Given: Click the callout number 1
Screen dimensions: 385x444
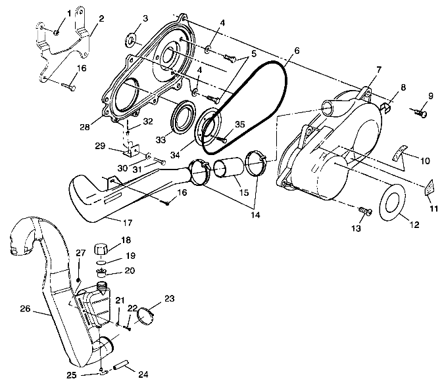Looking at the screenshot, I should tap(68, 14).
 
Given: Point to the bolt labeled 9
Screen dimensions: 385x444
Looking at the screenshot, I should tap(422, 114).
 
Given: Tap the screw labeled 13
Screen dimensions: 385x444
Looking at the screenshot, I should tap(366, 212).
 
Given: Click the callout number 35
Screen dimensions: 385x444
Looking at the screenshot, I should tap(239, 123).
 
